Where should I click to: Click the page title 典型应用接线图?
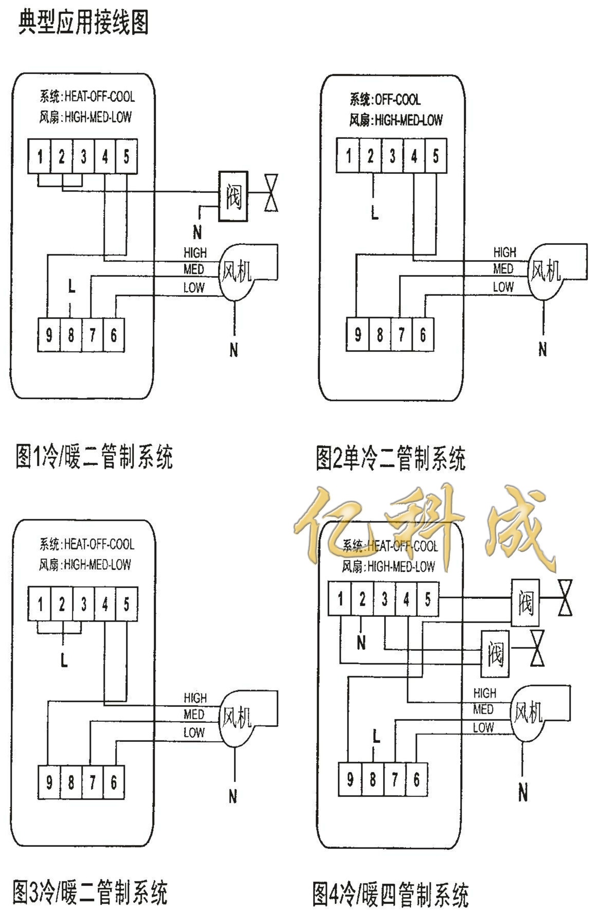coord(83,23)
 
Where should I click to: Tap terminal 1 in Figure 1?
coord(40,156)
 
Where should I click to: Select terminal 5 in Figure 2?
coord(436,155)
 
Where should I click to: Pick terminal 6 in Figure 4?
coord(416,779)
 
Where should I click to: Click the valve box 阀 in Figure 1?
coord(233,197)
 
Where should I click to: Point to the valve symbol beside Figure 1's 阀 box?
coord(271,193)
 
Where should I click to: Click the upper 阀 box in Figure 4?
coord(525,602)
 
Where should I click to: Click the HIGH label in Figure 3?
coord(195,698)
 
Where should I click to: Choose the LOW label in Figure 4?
coord(483,727)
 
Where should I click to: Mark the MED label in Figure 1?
coord(194,269)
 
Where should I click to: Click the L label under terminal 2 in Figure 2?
coord(374,214)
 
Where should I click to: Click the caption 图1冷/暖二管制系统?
coord(95,456)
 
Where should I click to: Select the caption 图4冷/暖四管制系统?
coord(390,895)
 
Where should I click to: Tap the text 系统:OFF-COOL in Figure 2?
coord(385,99)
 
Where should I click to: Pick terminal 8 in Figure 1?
coord(70,335)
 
